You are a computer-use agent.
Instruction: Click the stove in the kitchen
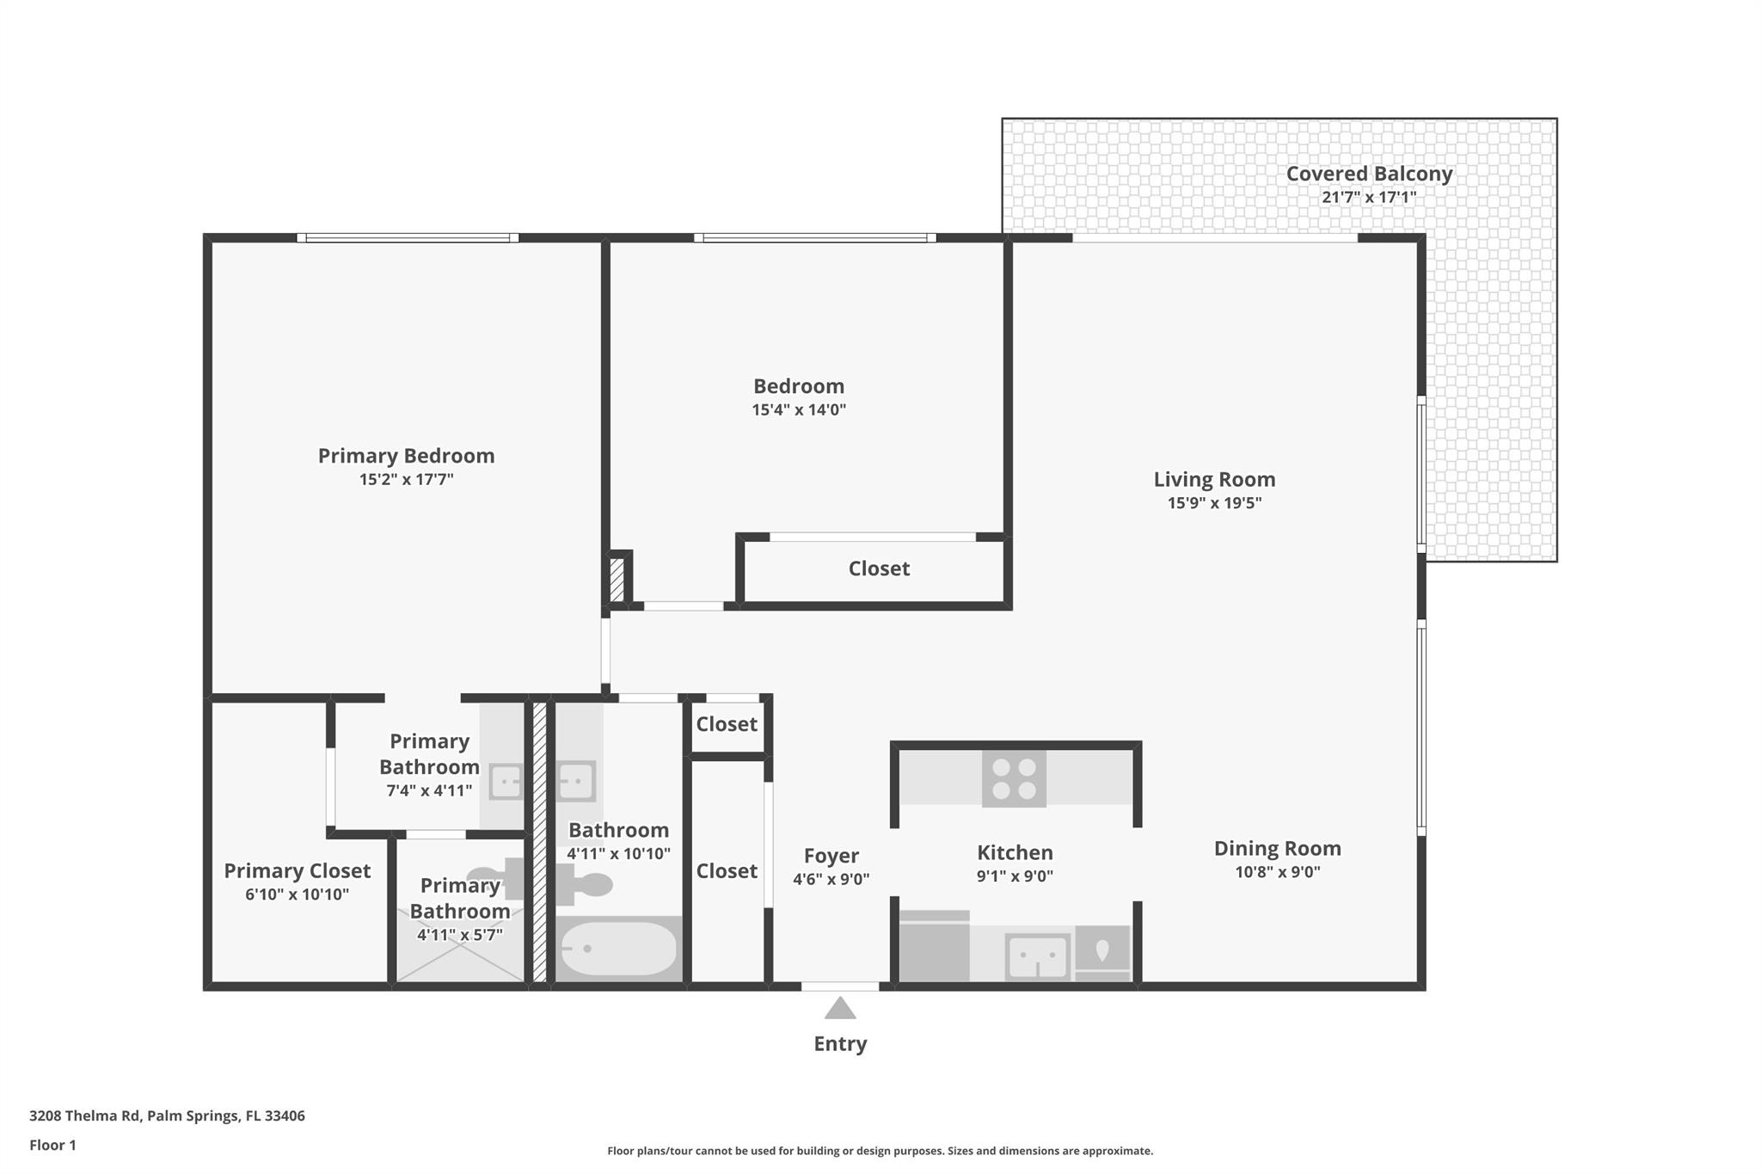point(1014,778)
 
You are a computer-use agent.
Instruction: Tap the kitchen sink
point(1038,956)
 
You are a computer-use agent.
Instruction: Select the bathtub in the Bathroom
point(618,949)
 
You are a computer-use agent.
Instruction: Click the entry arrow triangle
point(840,1009)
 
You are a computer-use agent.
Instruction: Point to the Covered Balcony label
point(1369,174)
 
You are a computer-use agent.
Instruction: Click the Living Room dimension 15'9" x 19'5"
point(1214,503)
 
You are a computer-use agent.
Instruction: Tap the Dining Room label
point(1277,849)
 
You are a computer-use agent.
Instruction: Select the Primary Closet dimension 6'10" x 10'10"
point(297,894)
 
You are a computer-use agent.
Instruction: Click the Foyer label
point(831,856)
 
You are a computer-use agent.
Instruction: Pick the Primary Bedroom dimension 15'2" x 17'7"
point(406,480)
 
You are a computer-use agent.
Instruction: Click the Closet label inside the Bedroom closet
point(879,569)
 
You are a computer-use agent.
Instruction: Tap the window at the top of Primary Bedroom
point(408,237)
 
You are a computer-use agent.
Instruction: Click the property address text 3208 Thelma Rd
point(167,1116)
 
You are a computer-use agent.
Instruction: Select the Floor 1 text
point(52,1145)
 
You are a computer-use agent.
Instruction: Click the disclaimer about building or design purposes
point(880,1151)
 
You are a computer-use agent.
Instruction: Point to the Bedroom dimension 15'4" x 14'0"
point(799,410)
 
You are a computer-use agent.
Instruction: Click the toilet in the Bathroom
point(584,884)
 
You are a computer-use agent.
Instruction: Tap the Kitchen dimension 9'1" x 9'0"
point(1015,876)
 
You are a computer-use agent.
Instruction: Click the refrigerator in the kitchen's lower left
point(934,947)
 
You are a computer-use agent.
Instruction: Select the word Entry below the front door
point(840,1043)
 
